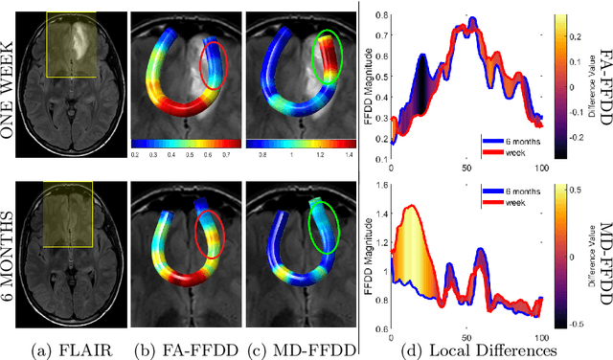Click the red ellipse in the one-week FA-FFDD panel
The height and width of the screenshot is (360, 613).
click(x=213, y=83)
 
